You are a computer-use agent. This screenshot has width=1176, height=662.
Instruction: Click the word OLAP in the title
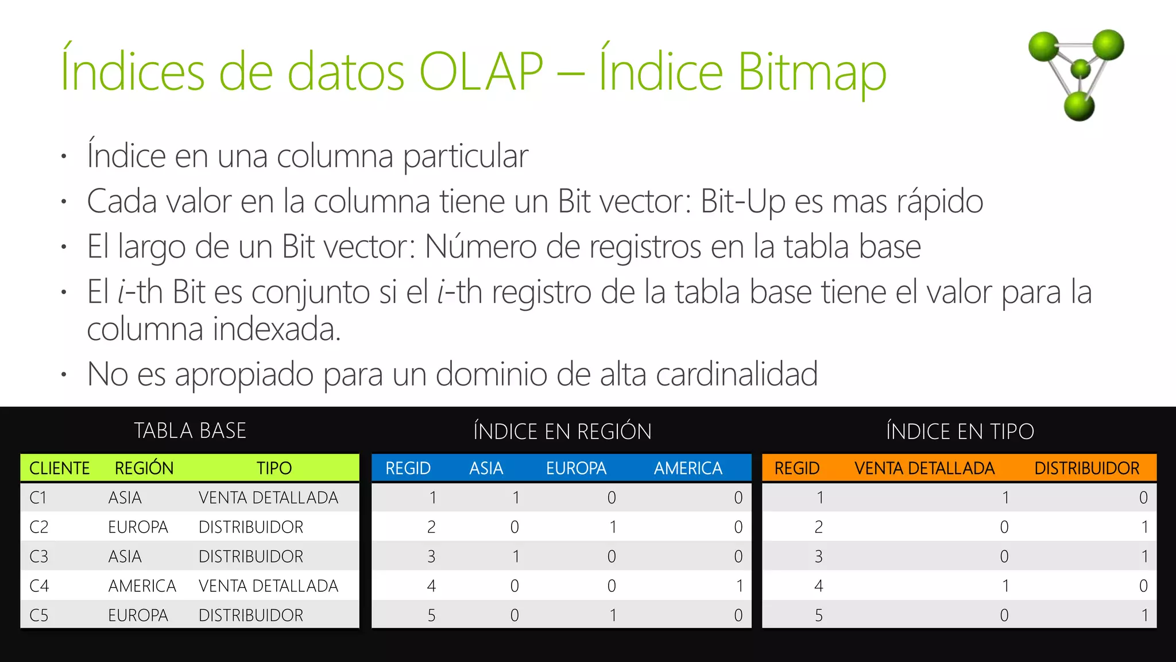coord(481,72)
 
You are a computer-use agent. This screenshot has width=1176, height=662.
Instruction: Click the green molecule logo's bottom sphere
coord(1079,106)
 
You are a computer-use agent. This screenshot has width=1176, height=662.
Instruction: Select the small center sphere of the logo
coord(1081,68)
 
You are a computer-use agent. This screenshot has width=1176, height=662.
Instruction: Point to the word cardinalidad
coord(737,374)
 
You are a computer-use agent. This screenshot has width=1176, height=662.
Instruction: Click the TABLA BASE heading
coord(190,431)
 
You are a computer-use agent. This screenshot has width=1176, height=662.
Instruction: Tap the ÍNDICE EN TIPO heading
coord(960,432)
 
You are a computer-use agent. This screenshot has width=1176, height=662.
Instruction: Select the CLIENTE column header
coord(60,468)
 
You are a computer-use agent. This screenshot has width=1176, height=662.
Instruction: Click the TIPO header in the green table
coord(274,468)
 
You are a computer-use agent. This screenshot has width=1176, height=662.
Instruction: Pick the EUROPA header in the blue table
coord(576,468)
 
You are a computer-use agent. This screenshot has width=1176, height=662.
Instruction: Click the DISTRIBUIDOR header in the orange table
coord(1086,468)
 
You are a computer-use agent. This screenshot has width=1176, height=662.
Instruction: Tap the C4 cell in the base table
coord(39,586)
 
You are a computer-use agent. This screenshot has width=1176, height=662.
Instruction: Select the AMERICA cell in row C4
coord(142,586)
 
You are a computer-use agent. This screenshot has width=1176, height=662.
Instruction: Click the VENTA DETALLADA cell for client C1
coord(268,498)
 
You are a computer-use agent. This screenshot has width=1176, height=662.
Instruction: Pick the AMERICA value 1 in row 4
coord(739,586)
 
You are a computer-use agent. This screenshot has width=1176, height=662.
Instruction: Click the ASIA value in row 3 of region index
coord(516,556)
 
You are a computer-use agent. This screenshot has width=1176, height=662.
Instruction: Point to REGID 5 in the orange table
coord(819,615)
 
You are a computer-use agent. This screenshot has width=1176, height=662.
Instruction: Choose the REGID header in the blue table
coord(408,468)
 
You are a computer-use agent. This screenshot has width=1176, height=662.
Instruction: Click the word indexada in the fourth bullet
coord(277,330)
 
